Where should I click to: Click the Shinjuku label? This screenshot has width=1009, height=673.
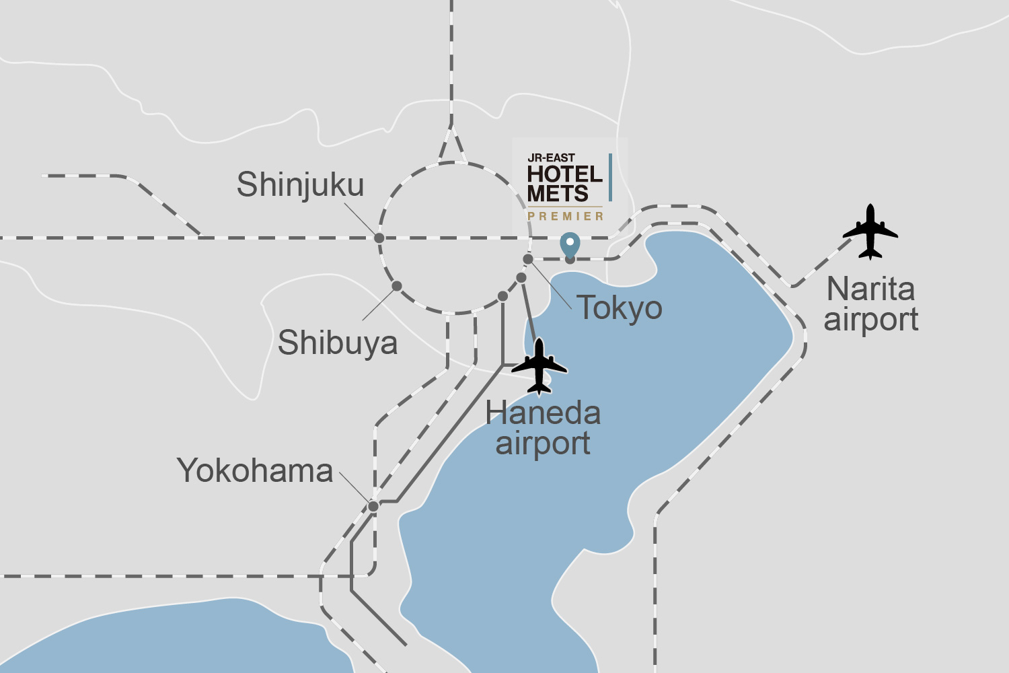click(300, 185)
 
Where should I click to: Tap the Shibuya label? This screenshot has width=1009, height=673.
click(338, 343)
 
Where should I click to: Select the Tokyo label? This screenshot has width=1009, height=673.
click(620, 308)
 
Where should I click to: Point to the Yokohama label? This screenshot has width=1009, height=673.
click(255, 470)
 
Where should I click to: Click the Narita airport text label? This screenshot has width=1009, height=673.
click(871, 304)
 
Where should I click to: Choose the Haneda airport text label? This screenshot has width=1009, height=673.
click(543, 428)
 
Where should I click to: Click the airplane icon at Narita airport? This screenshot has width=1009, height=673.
click(870, 232)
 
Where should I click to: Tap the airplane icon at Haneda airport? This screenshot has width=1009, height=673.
click(539, 366)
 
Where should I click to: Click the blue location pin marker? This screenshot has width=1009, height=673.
click(570, 244)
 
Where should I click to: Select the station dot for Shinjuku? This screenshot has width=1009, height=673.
click(379, 238)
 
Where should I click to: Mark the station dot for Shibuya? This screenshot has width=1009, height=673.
click(397, 286)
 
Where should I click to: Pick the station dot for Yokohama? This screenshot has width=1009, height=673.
click(373, 506)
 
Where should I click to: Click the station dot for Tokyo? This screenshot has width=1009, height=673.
click(528, 259)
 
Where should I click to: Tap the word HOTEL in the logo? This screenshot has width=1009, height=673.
click(564, 174)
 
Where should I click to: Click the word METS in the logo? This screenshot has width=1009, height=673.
click(558, 194)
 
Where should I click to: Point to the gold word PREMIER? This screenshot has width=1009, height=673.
click(566, 216)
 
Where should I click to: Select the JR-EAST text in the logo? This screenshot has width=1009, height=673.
click(551, 157)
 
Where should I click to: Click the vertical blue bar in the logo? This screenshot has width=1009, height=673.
click(610, 177)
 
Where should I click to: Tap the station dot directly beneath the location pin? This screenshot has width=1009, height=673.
click(570, 260)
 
